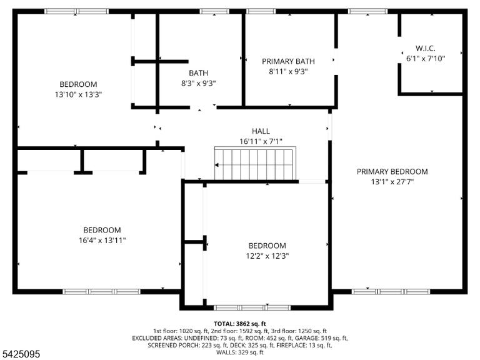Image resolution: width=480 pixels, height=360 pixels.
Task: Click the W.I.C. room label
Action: tap(425, 48)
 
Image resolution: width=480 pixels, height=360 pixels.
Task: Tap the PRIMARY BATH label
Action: tap(288, 61)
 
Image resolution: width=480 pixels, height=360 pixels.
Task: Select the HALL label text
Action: tap(261, 131)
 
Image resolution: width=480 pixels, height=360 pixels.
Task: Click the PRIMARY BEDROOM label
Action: tap(392, 171)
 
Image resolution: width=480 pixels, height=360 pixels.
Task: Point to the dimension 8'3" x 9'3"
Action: tap(198, 83)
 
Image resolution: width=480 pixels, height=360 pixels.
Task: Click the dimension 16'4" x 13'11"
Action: tap(102, 240)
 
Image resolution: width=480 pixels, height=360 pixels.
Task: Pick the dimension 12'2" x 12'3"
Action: tap(267, 256)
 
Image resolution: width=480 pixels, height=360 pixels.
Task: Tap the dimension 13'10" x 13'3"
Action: tap(78, 94)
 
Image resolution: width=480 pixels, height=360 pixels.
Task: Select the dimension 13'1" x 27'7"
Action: tap(392, 182)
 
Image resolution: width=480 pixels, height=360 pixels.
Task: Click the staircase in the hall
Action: tap(255, 163)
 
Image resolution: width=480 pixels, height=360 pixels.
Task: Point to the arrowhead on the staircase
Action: tap(217, 165)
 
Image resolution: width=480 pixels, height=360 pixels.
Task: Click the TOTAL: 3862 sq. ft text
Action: tap(240, 324)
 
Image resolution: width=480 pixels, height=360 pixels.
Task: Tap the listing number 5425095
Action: tap(20, 354)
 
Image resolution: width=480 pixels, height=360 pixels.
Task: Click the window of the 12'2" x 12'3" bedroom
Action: tap(252, 307)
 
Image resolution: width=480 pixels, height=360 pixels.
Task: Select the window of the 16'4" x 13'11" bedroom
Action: tap(101, 291)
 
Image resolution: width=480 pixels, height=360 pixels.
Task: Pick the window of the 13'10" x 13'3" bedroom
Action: tap(76, 11)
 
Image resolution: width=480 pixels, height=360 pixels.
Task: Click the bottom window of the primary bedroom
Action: tap(391, 291)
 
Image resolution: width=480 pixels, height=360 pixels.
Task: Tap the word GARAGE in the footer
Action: tap(309, 338)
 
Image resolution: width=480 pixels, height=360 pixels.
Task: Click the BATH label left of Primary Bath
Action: tap(198, 73)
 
